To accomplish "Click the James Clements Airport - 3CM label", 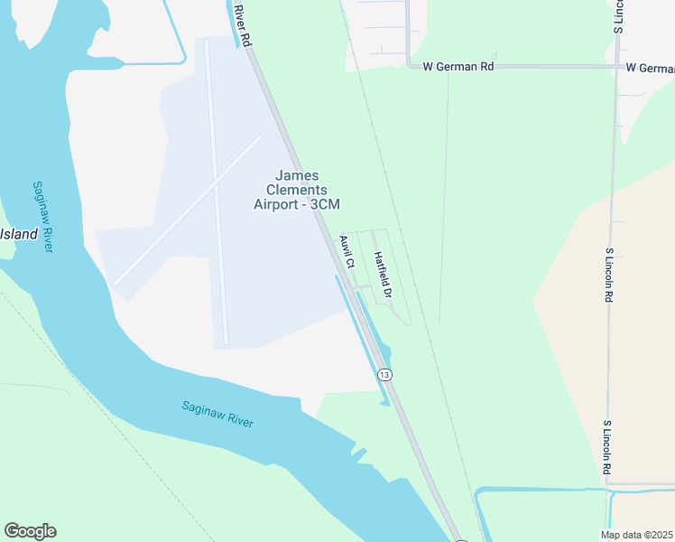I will click(x=297, y=191).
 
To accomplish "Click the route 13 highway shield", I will click(x=385, y=374).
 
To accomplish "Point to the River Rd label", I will click(x=240, y=24).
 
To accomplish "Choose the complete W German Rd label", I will click(x=458, y=67).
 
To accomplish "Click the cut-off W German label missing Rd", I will click(x=650, y=68).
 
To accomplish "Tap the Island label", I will click(x=19, y=234).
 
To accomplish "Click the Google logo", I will click(x=30, y=531).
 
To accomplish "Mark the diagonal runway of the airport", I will click(x=188, y=209).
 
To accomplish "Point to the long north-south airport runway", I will click(x=217, y=190).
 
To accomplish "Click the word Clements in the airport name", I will click(x=297, y=191).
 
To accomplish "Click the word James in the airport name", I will click(x=297, y=176).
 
